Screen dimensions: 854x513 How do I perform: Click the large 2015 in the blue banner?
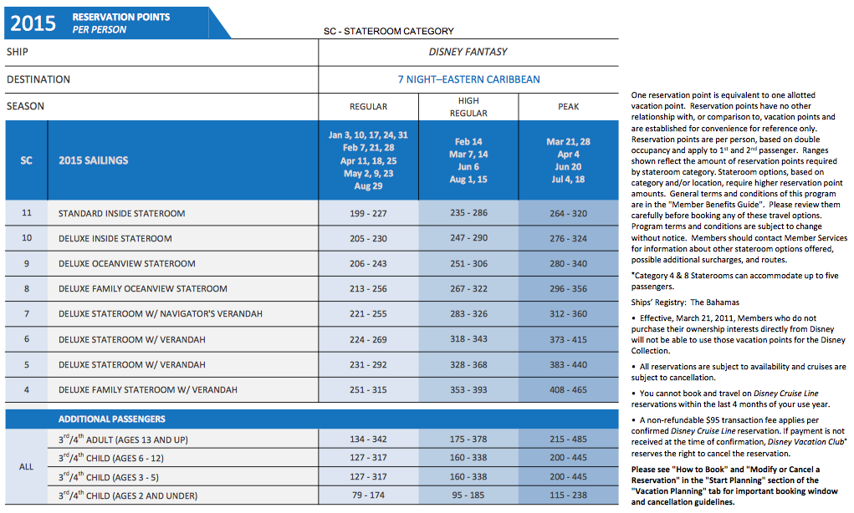point(33,23)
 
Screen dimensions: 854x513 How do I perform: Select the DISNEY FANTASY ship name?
point(468,52)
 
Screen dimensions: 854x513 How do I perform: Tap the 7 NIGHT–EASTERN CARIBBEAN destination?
point(469,79)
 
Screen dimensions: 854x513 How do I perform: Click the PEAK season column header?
point(568,107)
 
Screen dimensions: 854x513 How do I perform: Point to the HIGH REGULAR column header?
point(468,107)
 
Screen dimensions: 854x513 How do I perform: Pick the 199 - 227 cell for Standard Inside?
point(368,213)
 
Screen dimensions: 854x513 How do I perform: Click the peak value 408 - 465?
point(568,389)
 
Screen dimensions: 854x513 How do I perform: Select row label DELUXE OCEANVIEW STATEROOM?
point(127,264)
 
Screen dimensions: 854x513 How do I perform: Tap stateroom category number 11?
point(27,213)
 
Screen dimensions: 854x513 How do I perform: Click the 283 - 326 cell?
point(468,314)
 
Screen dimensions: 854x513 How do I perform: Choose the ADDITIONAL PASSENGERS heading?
point(111,419)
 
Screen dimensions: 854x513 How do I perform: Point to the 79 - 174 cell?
point(368,495)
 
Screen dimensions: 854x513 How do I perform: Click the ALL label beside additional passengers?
point(26,467)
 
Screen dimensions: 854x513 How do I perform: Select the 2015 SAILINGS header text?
point(94,160)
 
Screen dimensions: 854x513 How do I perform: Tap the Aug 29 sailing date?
point(368,186)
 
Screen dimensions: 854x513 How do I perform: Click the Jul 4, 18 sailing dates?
point(568,180)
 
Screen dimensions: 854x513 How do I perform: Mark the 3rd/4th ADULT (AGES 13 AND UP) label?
point(123,439)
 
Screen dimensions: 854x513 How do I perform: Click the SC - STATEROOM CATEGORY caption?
point(388,31)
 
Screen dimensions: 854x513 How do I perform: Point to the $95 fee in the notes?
point(715,420)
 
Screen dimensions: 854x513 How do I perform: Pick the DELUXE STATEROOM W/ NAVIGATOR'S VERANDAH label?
point(161,314)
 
